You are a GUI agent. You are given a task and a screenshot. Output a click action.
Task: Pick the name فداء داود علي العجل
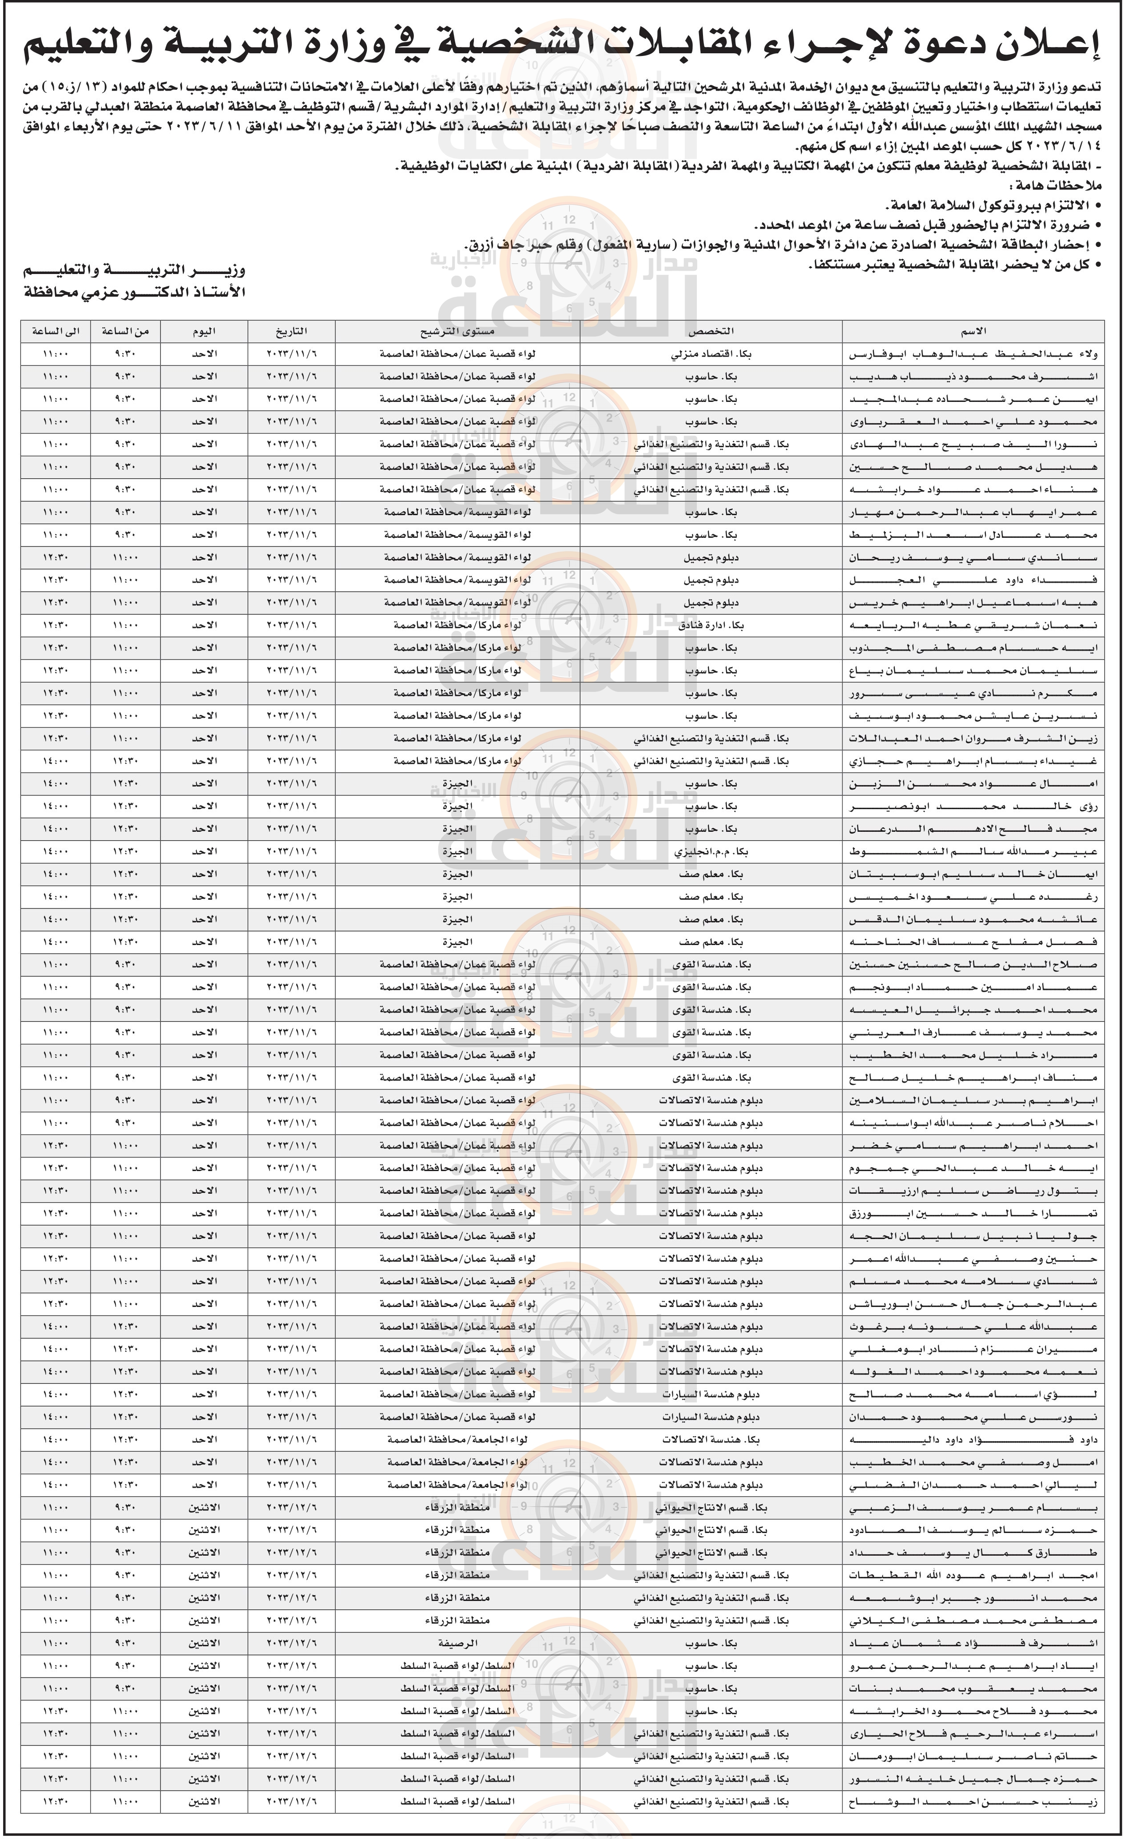[972, 579]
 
